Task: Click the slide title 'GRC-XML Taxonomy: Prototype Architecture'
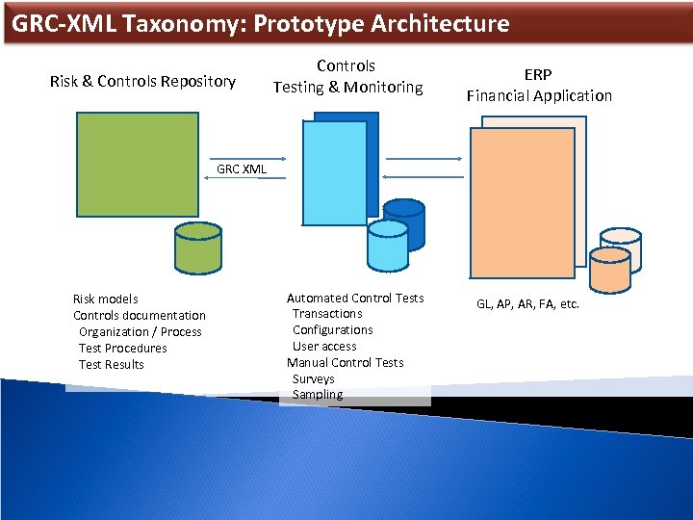coord(261,23)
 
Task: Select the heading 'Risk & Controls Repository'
coord(142,81)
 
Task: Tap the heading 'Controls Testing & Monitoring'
coord(346,76)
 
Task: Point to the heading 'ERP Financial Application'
coord(539,85)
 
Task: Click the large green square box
coord(138,165)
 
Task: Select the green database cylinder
coord(197,247)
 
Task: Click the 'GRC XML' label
coord(242,169)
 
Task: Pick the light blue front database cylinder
coord(389,246)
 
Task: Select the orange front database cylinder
coord(609,270)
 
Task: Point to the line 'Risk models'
coord(106,299)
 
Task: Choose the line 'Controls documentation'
coord(140,315)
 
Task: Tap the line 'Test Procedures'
coord(123,348)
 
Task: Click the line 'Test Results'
coord(112,364)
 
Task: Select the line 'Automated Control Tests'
coord(355,298)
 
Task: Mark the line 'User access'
coord(324,346)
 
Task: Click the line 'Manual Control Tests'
coord(346,362)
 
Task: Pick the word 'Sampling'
coord(318,395)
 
